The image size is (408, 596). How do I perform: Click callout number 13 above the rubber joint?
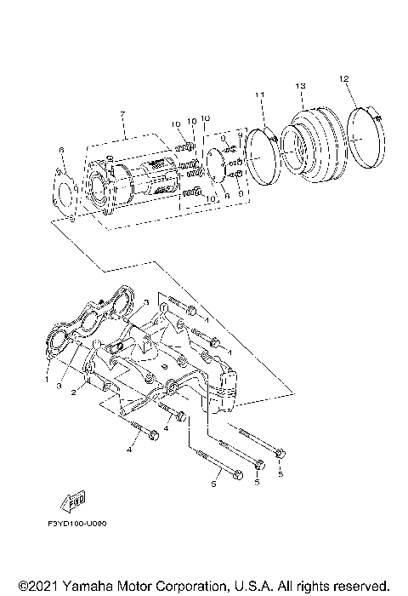pos(301,87)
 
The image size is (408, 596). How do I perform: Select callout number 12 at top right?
pos(344,78)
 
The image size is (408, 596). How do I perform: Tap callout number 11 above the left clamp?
pos(260,94)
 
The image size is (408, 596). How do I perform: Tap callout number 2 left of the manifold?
pos(75,393)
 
